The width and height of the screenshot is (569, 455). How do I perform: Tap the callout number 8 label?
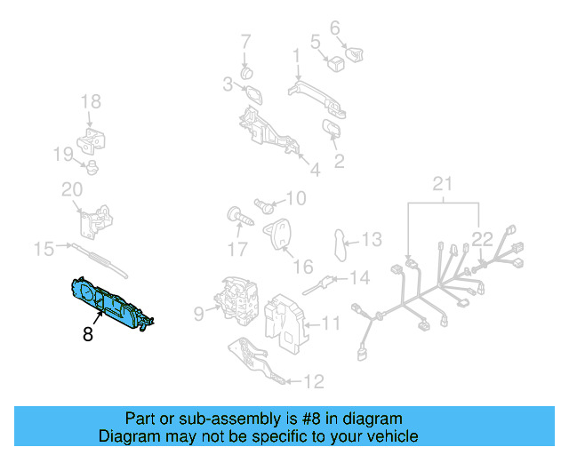pos(87,335)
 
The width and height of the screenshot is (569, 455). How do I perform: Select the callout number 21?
pos(442,185)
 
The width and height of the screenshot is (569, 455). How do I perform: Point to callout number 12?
pos(314,382)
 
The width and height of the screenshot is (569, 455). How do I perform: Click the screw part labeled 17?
pos(238,216)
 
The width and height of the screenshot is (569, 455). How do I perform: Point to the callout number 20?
pos(71,189)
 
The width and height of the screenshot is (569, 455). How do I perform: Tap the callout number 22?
pos(481,238)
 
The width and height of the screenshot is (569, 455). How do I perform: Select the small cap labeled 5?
pos(335,62)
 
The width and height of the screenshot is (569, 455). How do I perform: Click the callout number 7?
pos(245,41)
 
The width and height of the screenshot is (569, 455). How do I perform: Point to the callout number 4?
pos(315,168)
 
